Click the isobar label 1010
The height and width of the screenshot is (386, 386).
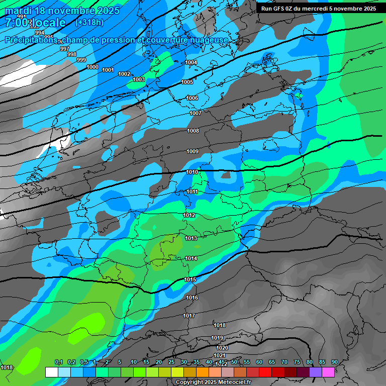(x=191, y=172)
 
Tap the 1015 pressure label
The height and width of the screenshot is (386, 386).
(x=190, y=279)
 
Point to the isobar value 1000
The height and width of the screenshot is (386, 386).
(x=92, y=67)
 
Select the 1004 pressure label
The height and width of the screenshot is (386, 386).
(x=191, y=62)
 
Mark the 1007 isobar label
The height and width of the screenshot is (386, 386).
(x=196, y=113)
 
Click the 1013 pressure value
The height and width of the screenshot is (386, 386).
(x=190, y=238)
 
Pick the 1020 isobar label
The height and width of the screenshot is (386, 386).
(x=222, y=348)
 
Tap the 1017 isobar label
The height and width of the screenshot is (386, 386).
(x=189, y=316)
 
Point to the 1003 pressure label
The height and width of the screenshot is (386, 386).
(x=139, y=79)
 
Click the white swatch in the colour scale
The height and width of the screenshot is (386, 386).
(x=51, y=372)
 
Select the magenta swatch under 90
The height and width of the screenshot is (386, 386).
(x=328, y=372)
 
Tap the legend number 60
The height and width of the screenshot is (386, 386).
(x=259, y=362)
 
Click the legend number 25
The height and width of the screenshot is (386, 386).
(x=171, y=362)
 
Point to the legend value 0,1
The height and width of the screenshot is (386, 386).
(x=59, y=362)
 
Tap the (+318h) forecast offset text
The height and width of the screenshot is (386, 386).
(x=89, y=23)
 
